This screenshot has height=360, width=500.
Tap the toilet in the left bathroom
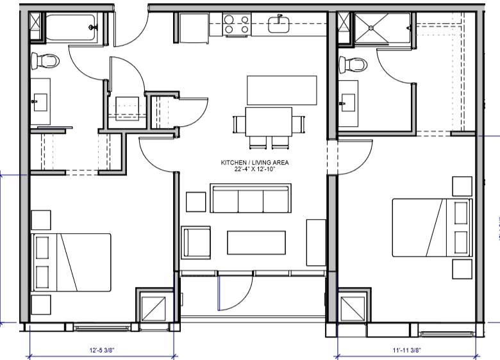click(45, 61)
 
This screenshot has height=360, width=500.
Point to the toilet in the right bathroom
click(353, 63)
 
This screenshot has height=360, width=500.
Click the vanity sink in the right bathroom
click(349, 101)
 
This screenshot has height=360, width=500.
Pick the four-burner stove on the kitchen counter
click(237, 25)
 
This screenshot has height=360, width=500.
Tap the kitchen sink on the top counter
click(279, 24)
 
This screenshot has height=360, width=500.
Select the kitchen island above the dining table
click(282, 90)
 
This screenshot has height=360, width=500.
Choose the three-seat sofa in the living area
click(251, 199)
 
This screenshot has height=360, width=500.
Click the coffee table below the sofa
click(256, 243)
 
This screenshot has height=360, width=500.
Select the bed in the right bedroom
click(432, 227)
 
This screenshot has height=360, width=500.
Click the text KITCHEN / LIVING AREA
click(254, 163)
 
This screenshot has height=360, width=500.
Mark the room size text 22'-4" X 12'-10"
click(254, 170)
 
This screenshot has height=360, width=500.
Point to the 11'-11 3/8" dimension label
click(406, 351)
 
